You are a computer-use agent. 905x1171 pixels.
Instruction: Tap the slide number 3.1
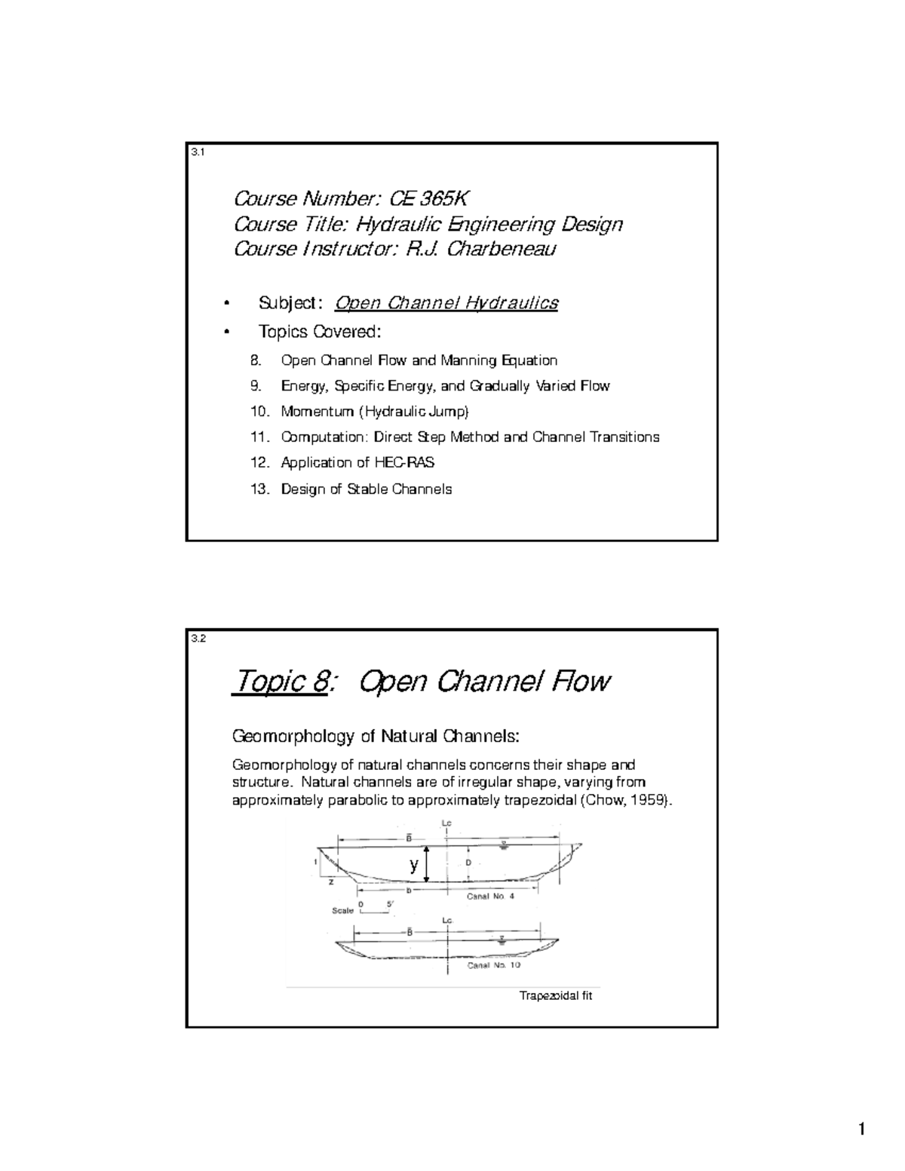pyautogui.click(x=198, y=152)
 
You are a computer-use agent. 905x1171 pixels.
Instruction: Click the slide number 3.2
pyautogui.click(x=198, y=639)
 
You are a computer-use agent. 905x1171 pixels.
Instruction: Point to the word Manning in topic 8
pyautogui.click(x=471, y=360)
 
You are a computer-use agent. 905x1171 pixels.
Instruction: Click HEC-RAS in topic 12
pyautogui.click(x=404, y=463)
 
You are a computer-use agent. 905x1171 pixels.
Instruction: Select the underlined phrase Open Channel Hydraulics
pyautogui.click(x=446, y=303)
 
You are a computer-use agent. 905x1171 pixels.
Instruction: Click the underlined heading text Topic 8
pyautogui.click(x=279, y=682)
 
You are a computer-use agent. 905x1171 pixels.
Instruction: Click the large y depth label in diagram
pyautogui.click(x=413, y=866)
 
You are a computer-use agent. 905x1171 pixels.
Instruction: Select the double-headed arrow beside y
pyautogui.click(x=428, y=864)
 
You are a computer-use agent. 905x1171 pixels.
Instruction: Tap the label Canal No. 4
pyautogui.click(x=489, y=896)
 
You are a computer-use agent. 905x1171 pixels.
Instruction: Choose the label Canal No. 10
pyautogui.click(x=493, y=965)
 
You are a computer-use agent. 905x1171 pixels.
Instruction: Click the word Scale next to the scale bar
pyautogui.click(x=343, y=910)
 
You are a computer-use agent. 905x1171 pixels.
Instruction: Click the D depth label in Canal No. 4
pyautogui.click(x=468, y=862)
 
